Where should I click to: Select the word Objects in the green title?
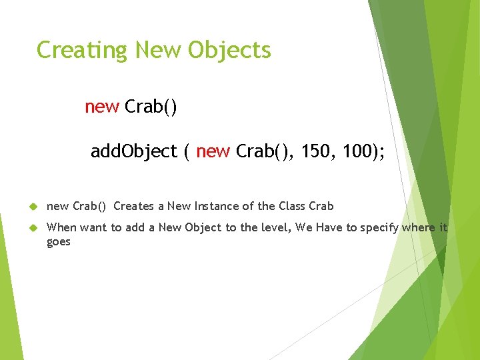229,51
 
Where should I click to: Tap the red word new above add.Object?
102,107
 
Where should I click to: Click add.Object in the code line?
133,152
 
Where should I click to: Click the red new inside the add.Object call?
213,152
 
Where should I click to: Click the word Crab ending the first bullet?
321,206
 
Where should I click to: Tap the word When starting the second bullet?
61,227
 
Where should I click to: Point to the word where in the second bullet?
419,227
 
